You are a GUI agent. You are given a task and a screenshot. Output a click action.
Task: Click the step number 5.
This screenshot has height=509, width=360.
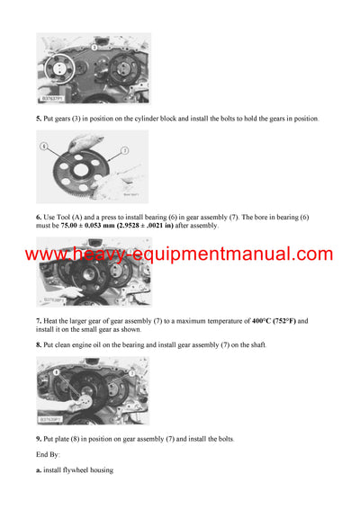pyautogui.click(x=38, y=119)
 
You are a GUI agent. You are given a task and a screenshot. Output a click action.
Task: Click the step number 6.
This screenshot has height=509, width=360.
pyautogui.click(x=38, y=217)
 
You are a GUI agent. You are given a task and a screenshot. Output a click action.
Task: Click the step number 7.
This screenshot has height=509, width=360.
pyautogui.click(x=38, y=321)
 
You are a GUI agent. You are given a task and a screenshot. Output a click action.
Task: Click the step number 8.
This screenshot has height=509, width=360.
pyautogui.click(x=38, y=345)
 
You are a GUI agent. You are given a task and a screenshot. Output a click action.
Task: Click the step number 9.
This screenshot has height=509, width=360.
pyautogui.click(x=38, y=439)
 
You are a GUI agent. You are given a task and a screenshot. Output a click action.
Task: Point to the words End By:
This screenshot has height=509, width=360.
pyautogui.click(x=49, y=456)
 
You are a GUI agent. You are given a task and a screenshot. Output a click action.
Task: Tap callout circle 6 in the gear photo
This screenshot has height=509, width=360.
pyautogui.click(x=43, y=146)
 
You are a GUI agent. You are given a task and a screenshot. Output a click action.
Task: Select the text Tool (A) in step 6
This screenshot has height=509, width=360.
pyautogui.click(x=70, y=217)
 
